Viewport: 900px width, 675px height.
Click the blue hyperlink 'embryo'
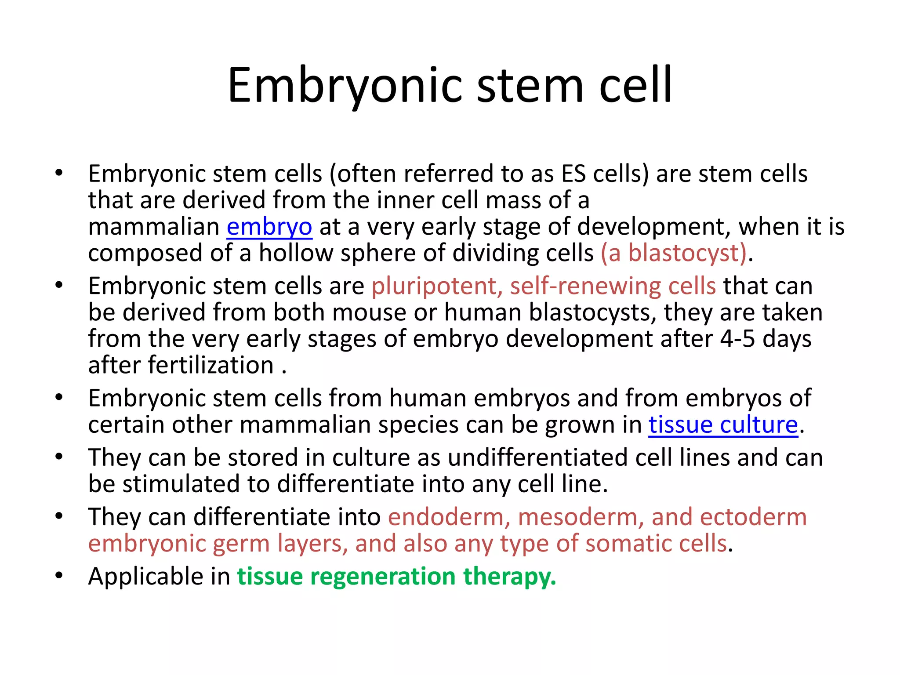tap(269, 227)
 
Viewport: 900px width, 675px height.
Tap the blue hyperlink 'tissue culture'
tap(723, 425)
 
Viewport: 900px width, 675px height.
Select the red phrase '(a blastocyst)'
tap(674, 254)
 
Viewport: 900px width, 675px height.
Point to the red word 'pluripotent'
tap(434, 287)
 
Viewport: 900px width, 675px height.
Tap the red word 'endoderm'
tap(446, 517)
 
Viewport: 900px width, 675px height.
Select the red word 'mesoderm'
tap(577, 517)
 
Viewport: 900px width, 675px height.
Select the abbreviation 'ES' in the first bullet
tap(573, 174)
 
